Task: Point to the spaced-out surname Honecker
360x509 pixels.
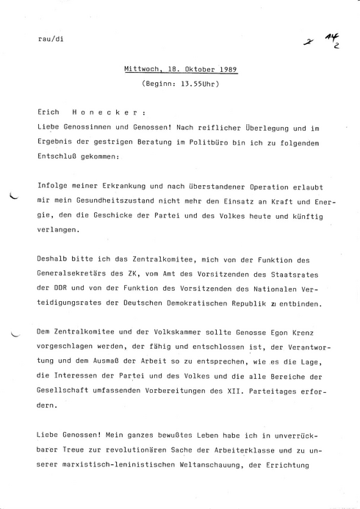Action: click(105, 115)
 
